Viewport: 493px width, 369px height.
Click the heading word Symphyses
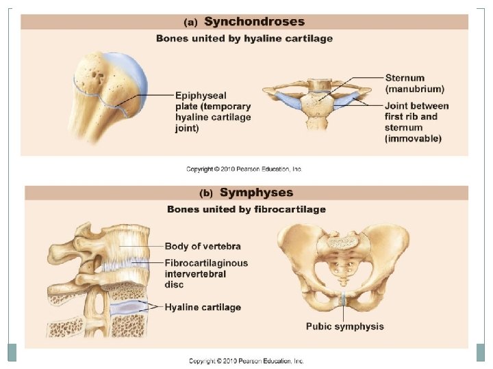click(x=256, y=193)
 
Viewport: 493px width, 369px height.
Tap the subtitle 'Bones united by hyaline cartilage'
click(x=244, y=38)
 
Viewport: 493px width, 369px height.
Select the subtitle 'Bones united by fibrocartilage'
click(x=246, y=209)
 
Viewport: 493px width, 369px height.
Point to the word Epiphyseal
click(x=199, y=96)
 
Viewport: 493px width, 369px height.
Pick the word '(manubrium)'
click(x=415, y=89)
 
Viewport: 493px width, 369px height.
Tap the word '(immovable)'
click(x=414, y=138)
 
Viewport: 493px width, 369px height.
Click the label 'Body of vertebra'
click(x=203, y=246)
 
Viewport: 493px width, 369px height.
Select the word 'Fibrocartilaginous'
click(x=206, y=263)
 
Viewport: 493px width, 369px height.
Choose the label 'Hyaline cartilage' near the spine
click(x=203, y=307)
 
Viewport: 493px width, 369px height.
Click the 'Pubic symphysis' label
click(x=344, y=327)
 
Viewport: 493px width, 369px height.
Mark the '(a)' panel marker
click(x=192, y=23)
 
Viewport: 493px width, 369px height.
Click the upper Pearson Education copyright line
click(x=244, y=169)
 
